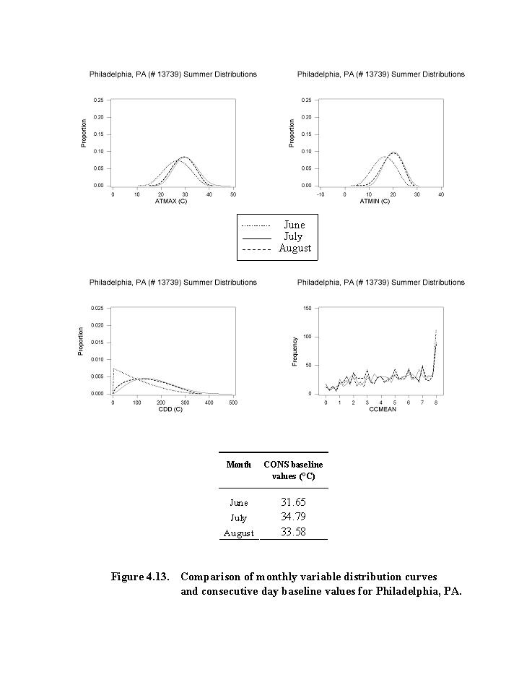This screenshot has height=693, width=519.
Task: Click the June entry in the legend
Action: pyautogui.click(x=294, y=225)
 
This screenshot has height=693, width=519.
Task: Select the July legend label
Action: pyautogui.click(x=293, y=236)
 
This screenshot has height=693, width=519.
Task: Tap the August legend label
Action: pyautogui.click(x=295, y=248)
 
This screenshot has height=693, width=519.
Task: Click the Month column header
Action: pyautogui.click(x=238, y=465)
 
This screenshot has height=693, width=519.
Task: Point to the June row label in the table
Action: pyautogui.click(x=238, y=503)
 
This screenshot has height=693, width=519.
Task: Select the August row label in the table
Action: pyautogui.click(x=238, y=533)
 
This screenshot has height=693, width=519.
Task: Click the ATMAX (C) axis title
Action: pyautogui.click(x=171, y=201)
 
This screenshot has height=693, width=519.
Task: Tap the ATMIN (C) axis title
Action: pyautogui.click(x=375, y=201)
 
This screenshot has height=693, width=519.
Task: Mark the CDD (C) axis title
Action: pyautogui.click(x=171, y=409)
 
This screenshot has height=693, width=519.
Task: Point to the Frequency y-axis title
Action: pyautogui.click(x=295, y=351)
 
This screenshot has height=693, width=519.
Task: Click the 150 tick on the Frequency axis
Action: pyautogui.click(x=307, y=308)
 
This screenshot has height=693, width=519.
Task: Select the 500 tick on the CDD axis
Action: pyautogui.click(x=232, y=402)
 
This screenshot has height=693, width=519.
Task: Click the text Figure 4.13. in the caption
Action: pyautogui.click(x=140, y=577)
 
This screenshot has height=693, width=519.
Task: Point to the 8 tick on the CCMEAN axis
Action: pyautogui.click(x=436, y=402)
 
